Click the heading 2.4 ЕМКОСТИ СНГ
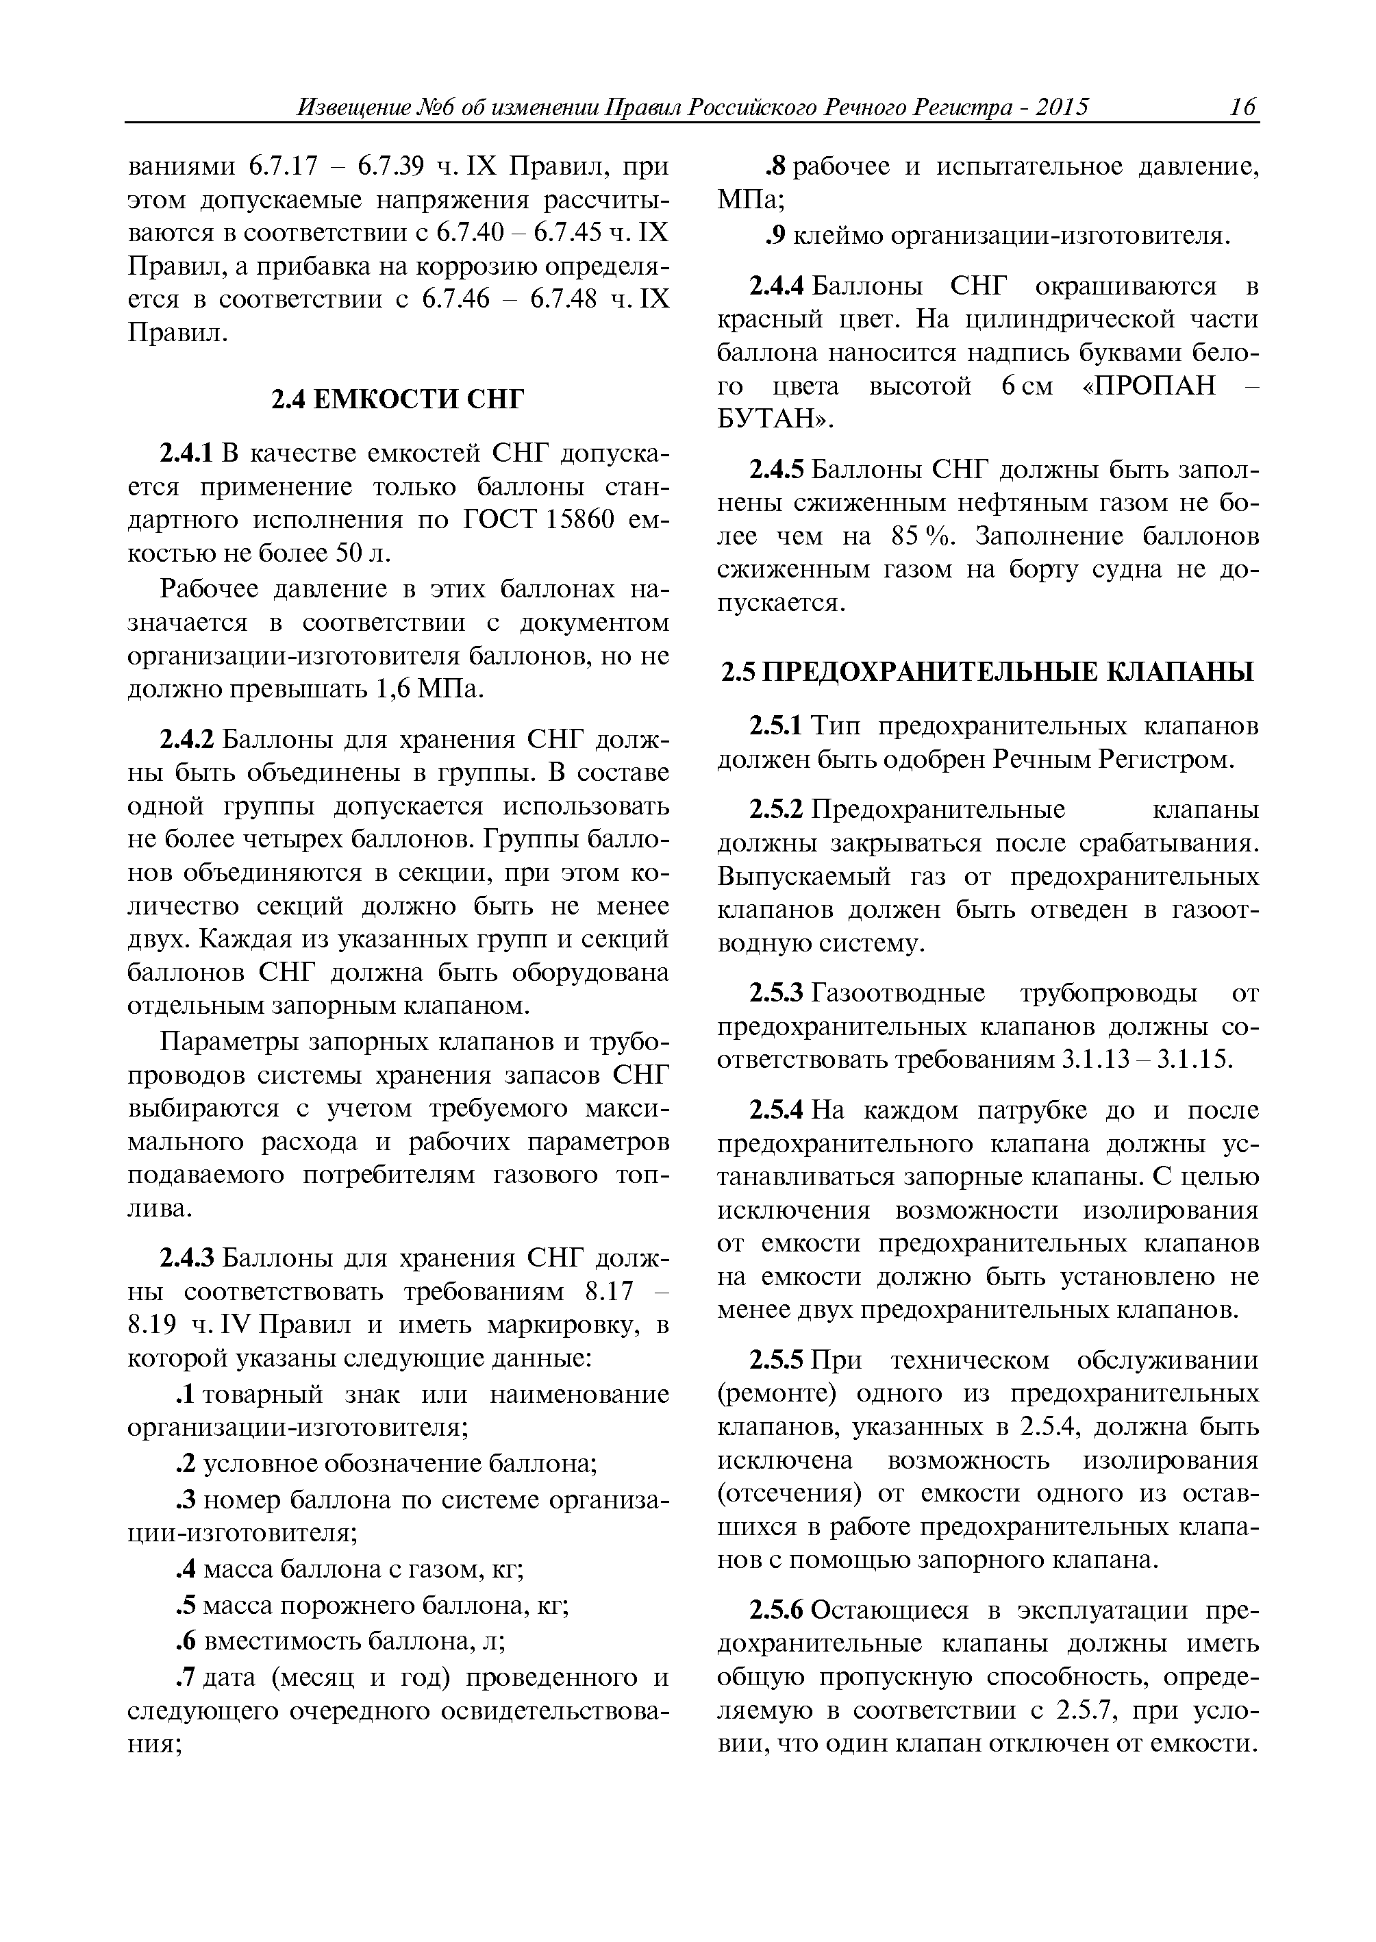click(x=397, y=399)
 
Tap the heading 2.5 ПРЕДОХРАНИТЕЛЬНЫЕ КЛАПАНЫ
click(x=986, y=673)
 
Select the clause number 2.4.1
click(x=186, y=454)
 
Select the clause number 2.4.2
click(x=186, y=740)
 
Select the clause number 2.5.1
click(x=776, y=727)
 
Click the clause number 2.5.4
click(x=776, y=1111)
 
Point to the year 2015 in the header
click(x=1062, y=108)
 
